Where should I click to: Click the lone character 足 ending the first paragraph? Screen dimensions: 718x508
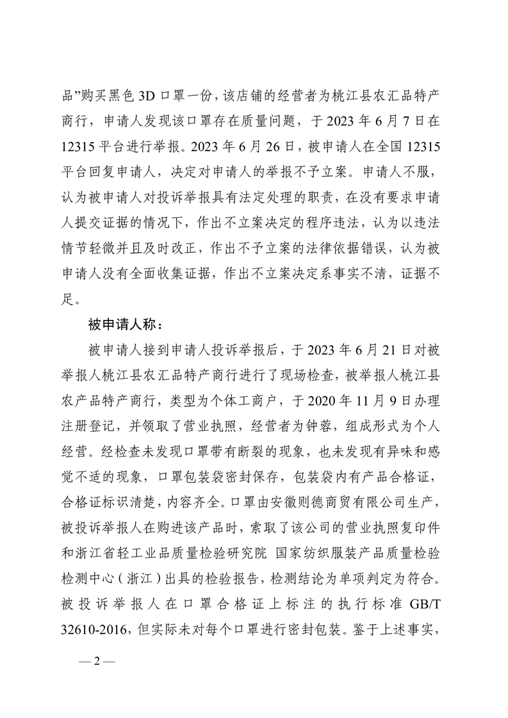click(72, 297)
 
